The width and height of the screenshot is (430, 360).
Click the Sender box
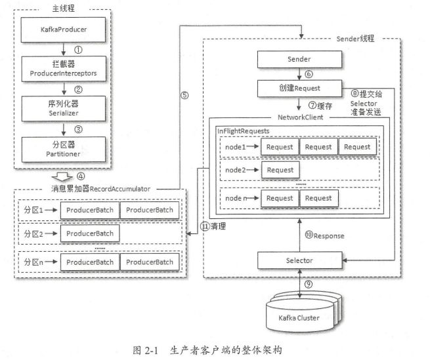[x=299, y=59]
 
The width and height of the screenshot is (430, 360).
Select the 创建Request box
[x=299, y=87]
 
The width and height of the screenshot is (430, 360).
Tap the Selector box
[x=299, y=261]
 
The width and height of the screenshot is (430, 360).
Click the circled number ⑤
[x=184, y=94]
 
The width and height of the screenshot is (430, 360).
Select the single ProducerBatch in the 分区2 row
[x=89, y=233]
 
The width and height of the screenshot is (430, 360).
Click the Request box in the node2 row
[x=280, y=170]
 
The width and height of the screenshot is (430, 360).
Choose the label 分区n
[x=32, y=262]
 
